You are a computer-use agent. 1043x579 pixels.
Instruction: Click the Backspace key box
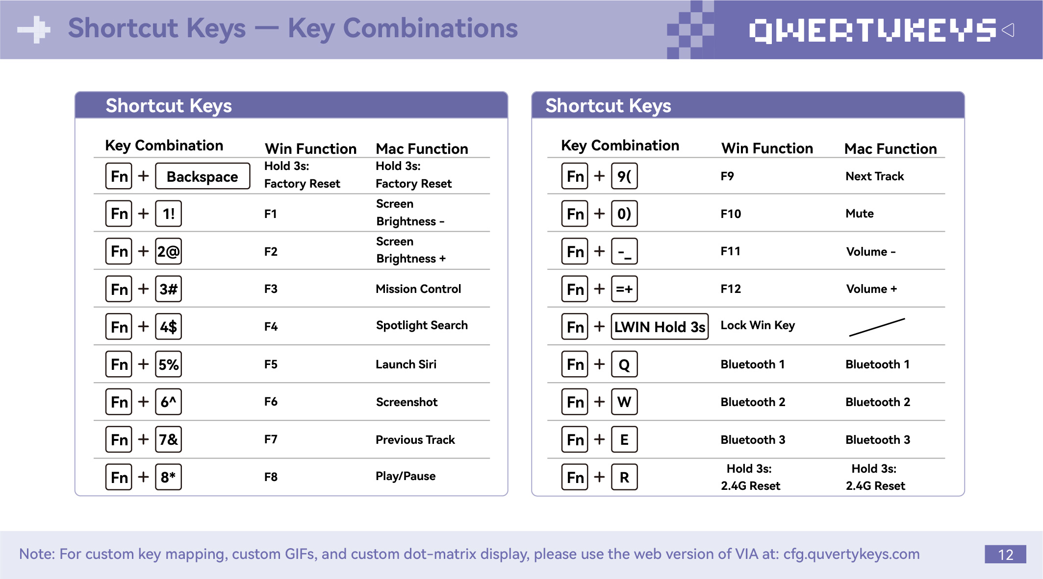pyautogui.click(x=203, y=176)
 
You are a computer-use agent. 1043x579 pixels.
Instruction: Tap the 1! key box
pyautogui.click(x=168, y=214)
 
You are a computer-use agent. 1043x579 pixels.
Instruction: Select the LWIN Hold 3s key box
pyautogui.click(x=660, y=327)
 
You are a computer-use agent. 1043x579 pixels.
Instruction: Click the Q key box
pyautogui.click(x=624, y=364)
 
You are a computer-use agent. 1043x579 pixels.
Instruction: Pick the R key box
pyautogui.click(x=624, y=477)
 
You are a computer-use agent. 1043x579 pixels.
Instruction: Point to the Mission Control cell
pyautogui.click(x=418, y=289)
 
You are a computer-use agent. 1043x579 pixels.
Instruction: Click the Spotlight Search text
pyautogui.click(x=422, y=326)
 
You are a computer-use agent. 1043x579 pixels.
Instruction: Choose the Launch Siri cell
pyautogui.click(x=406, y=364)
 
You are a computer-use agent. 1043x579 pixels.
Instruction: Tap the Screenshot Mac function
pyautogui.click(x=407, y=402)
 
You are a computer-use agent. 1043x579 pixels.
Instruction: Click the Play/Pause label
pyautogui.click(x=406, y=476)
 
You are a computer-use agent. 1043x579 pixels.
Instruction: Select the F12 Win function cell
pyautogui.click(x=731, y=289)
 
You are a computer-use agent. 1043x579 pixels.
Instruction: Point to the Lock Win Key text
pyautogui.click(x=758, y=326)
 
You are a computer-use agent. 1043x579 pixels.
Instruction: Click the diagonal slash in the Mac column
pyautogui.click(x=877, y=327)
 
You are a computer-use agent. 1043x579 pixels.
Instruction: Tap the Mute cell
pyautogui.click(x=860, y=214)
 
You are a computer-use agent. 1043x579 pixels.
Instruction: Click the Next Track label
pyautogui.click(x=875, y=176)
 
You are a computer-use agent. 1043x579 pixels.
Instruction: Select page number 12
pyautogui.click(x=1005, y=555)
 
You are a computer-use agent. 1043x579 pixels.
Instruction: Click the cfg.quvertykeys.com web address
pyautogui.click(x=851, y=554)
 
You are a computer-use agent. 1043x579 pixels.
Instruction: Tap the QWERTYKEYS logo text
pyautogui.click(x=873, y=30)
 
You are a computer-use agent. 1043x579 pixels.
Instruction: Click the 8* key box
pyautogui.click(x=168, y=477)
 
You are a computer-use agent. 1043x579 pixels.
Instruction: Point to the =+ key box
pyautogui.click(x=624, y=289)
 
